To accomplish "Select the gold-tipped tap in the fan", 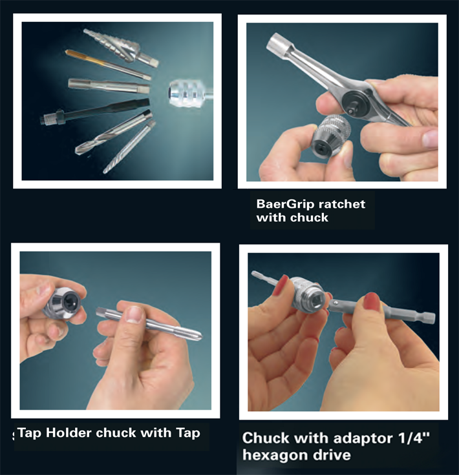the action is point(108,65).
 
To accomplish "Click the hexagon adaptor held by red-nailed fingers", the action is point(381,312).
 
